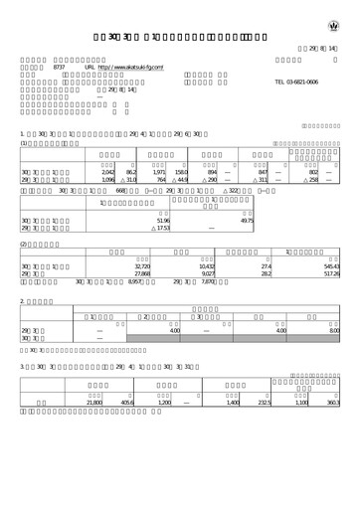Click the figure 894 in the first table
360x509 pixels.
212,173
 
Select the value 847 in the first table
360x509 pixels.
263,173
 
